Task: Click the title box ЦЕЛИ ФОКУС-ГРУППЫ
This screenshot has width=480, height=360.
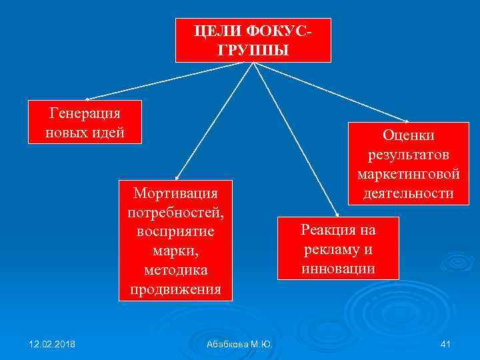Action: [253, 40]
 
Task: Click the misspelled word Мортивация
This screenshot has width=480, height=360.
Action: [175, 193]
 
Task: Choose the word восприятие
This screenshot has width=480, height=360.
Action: [175, 233]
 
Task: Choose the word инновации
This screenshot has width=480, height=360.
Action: [338, 269]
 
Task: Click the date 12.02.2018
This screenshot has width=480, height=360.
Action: [52, 344]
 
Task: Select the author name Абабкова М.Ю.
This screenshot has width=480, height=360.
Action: [239, 344]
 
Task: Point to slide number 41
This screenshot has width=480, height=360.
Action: [446, 344]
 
